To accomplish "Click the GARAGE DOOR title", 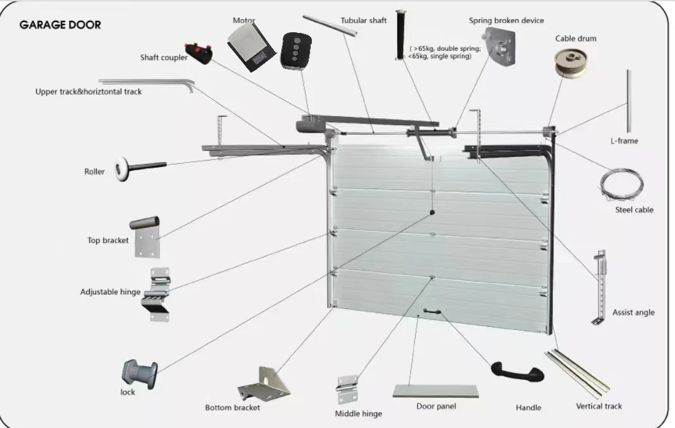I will pos(60,25).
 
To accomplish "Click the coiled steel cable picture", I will pos(621,184).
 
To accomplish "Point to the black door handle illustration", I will pos(517,372).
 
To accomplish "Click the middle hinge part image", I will pos(347,389).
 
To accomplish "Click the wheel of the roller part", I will pos(119,169).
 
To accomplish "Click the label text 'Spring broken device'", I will pos(506,20).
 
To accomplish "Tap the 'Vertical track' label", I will pos(598,407).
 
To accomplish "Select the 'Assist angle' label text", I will pos(633,312).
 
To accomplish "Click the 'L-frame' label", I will pos(624,141).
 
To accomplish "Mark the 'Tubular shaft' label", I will pos(363,20).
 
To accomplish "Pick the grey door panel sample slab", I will pos(435,391).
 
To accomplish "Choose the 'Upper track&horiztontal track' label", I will pos(89,92).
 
